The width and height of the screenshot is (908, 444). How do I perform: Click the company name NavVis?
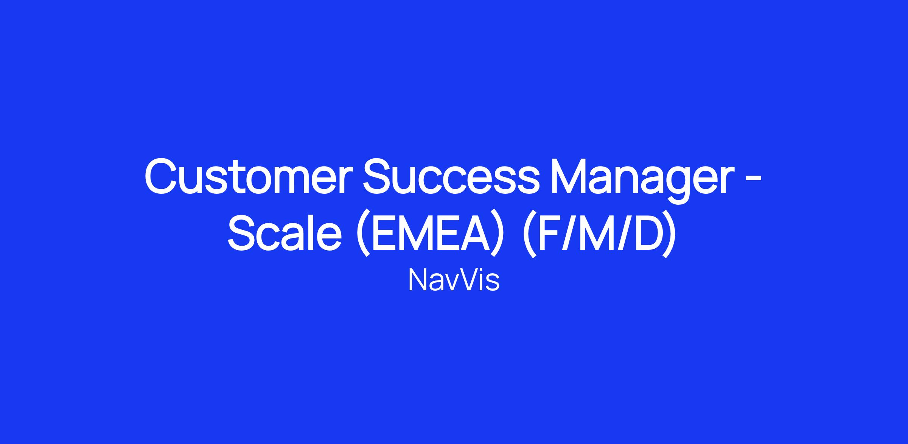[x=454, y=280]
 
